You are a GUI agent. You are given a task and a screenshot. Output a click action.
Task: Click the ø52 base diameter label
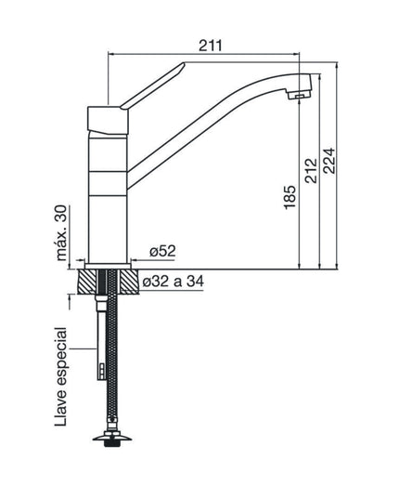pyautogui.click(x=162, y=251)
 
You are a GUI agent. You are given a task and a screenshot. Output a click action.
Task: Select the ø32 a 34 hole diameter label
pyautogui.click(x=181, y=282)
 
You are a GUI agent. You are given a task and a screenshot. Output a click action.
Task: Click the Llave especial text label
pyautogui.click(x=62, y=376)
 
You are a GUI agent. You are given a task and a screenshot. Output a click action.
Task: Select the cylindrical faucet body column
pyautogui.click(x=110, y=195)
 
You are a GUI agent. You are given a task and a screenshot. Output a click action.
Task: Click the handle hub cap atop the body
pyautogui.click(x=109, y=118)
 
